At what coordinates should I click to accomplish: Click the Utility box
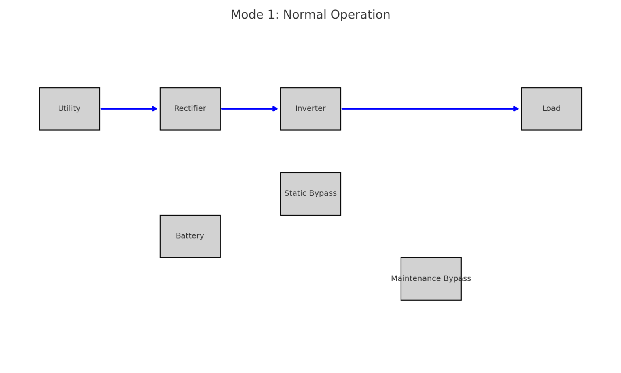click(x=70, y=109)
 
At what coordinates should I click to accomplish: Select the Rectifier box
click(x=190, y=109)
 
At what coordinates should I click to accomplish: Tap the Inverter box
click(x=310, y=109)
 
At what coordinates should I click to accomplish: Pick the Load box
click(x=551, y=109)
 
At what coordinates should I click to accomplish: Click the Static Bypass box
click(x=310, y=194)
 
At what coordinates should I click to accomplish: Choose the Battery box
click(x=190, y=236)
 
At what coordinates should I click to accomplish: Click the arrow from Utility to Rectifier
click(x=127, y=109)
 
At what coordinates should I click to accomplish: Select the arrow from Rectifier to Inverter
click(x=248, y=109)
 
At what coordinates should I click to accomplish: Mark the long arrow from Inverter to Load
click(x=429, y=109)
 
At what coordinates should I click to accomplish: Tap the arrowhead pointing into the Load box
click(x=516, y=109)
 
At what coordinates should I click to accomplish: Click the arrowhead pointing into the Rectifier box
click(x=155, y=109)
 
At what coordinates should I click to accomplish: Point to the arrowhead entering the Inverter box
click(x=275, y=109)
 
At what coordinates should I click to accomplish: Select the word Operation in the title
click(x=360, y=15)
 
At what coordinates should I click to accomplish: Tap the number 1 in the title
click(x=271, y=15)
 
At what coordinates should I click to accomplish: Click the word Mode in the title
click(x=247, y=15)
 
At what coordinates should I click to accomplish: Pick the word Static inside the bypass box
click(x=295, y=193)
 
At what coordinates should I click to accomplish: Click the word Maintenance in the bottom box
click(x=416, y=278)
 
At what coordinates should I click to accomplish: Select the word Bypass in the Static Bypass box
click(x=323, y=193)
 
